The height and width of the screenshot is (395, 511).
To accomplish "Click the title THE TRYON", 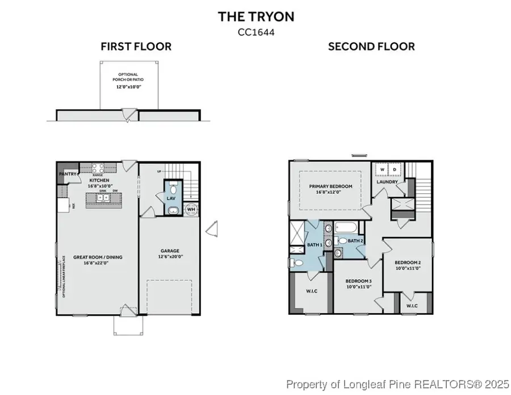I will (256, 17).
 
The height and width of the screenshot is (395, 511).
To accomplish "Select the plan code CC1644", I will (256, 32).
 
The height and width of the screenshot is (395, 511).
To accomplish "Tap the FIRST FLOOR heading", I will (136, 47).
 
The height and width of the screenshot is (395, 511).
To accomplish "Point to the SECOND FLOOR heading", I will (371, 47).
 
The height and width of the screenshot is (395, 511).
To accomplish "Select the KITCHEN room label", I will (99, 180).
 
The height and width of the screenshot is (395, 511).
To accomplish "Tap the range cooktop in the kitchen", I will (97, 168).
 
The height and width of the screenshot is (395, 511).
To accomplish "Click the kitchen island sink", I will (102, 198).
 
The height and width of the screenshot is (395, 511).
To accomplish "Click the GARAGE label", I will (169, 251).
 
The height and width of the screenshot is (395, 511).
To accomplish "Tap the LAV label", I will (171, 198).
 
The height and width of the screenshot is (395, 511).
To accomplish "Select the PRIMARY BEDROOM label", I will (330, 186).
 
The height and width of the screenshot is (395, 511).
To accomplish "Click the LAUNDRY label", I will (387, 182).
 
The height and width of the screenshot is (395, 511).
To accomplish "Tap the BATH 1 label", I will (315, 244).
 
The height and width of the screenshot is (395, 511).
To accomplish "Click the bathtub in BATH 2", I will (347, 229).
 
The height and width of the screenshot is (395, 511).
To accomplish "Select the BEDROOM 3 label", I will (359, 281).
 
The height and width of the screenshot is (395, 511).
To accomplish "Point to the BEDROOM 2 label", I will (408, 263).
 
